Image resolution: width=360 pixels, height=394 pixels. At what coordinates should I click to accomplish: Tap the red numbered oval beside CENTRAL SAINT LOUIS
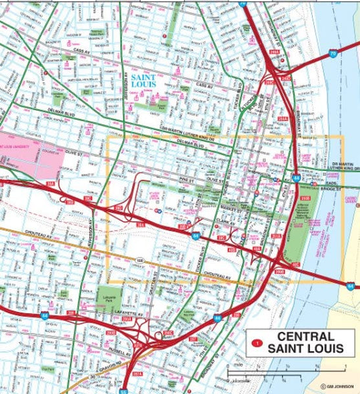(258, 342)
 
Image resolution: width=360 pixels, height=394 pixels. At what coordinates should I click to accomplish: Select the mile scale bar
(263, 372)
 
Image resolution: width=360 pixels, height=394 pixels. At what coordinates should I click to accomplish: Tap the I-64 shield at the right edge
(351, 285)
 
